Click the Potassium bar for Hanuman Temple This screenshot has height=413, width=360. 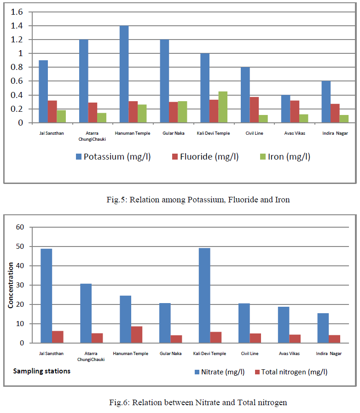(124, 74)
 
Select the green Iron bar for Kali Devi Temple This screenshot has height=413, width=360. (223, 107)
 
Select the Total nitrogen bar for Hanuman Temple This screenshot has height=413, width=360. (137, 334)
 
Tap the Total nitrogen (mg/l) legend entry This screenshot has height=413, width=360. (290, 372)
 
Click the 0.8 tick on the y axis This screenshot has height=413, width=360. (16, 68)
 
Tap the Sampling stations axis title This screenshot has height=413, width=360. (41, 371)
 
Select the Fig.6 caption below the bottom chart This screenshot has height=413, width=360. (198, 402)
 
